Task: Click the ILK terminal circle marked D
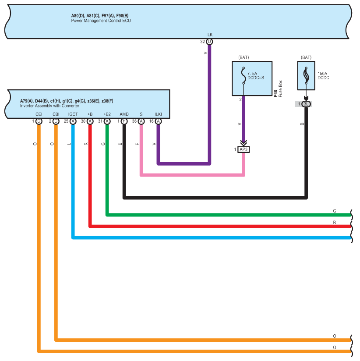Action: pyautogui.click(x=209, y=42)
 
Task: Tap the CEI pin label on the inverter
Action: pyautogui.click(x=39, y=114)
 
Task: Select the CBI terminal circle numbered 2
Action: pyautogui.click(x=56, y=121)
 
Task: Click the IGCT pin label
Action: pyautogui.click(x=73, y=114)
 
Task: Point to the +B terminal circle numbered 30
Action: pyautogui.click(x=90, y=121)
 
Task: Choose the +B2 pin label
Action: pyautogui.click(x=107, y=114)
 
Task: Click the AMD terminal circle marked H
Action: pyautogui.click(x=124, y=121)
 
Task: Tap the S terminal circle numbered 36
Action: pyautogui.click(x=141, y=121)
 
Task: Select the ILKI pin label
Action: pyautogui.click(x=158, y=114)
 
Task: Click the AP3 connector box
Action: pyautogui.click(x=244, y=149)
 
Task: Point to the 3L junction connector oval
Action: pyautogui.click(x=306, y=104)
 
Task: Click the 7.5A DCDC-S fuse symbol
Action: pyautogui.click(x=244, y=75)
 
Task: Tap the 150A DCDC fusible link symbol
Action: pyautogui.click(x=306, y=75)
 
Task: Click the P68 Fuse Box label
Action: pyautogui.click(x=278, y=89)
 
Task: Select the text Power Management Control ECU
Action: pyautogui.click(x=101, y=21)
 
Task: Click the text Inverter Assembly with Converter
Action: pyautogui.click(x=49, y=106)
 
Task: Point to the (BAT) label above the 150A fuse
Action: pyautogui.click(x=306, y=57)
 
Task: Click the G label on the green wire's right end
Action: pyautogui.click(x=335, y=211)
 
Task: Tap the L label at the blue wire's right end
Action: pyautogui.click(x=335, y=234)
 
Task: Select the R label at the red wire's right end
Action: pyautogui.click(x=335, y=223)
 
